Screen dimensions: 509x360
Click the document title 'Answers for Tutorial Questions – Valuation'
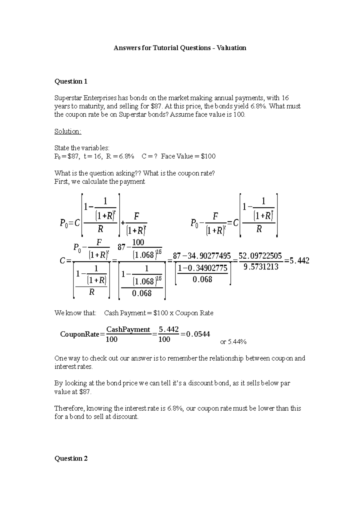coord(180,48)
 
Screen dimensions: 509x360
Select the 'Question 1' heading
coord(71,82)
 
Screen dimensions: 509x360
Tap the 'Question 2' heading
coord(71,458)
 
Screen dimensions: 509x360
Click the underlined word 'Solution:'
coord(67,131)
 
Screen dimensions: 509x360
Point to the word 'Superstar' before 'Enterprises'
coord(68,98)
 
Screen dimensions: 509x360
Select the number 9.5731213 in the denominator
coord(261,266)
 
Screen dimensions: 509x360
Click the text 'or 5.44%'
coord(233,342)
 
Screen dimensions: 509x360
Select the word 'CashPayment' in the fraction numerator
coord(128,329)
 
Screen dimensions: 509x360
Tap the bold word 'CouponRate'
coord(79,334)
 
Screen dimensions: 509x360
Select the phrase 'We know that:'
coord(75,313)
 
